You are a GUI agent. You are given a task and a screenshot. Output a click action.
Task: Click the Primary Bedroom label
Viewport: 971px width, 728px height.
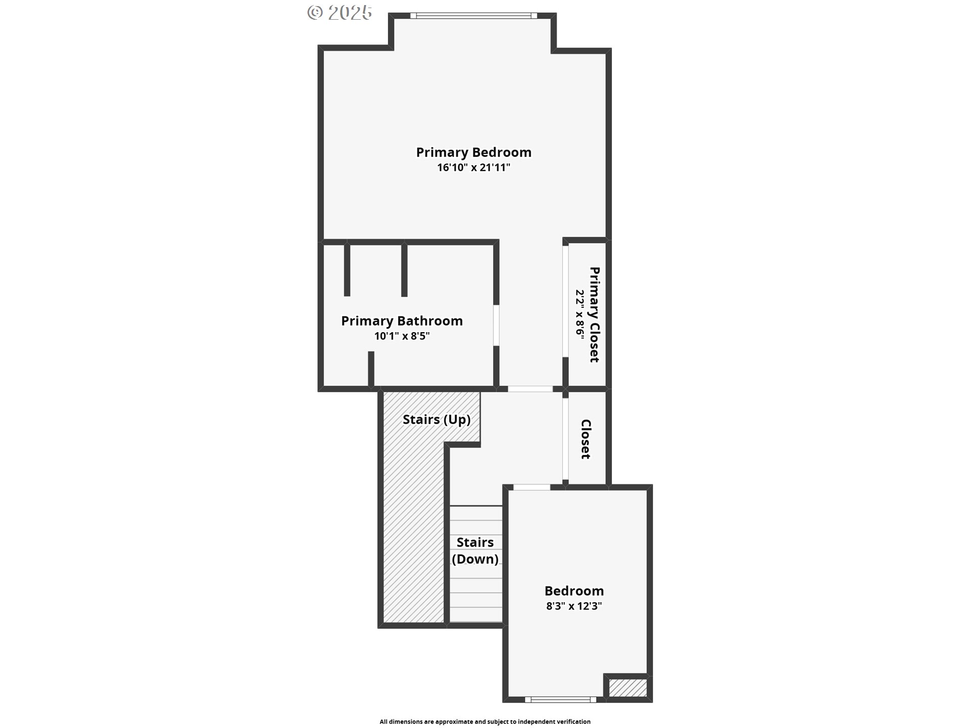(473, 152)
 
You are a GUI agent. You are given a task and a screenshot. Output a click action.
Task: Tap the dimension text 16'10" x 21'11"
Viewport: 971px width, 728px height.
(473, 167)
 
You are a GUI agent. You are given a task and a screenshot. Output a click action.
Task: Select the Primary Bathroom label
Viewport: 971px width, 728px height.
(402, 321)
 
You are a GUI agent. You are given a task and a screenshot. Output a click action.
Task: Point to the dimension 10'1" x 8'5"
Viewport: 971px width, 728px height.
(402, 336)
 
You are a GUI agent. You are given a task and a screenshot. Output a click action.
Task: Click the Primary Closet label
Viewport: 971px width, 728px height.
(595, 314)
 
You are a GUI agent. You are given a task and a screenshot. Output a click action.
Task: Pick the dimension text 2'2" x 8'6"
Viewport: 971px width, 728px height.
(580, 314)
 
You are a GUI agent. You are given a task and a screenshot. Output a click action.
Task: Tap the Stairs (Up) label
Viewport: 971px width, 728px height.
(436, 420)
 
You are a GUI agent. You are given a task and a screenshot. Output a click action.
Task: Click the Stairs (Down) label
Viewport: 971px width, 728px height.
(475, 551)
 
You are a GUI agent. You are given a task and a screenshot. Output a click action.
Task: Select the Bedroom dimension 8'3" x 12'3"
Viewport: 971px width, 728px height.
(574, 606)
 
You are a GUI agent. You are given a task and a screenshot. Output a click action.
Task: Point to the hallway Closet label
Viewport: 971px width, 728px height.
(586, 439)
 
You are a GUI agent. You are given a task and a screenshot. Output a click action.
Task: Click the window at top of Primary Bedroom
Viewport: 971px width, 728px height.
(473, 16)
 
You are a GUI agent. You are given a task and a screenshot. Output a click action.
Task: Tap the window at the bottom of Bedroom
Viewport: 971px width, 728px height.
(560, 700)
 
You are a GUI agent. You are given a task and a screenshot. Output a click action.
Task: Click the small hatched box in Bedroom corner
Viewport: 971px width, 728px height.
(628, 688)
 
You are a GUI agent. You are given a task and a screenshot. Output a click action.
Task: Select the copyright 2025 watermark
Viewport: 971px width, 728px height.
(340, 13)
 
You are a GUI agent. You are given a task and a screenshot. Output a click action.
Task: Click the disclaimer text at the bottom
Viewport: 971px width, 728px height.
(485, 721)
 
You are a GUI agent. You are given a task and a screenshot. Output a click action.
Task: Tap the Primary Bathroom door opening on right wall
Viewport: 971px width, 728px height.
(496, 325)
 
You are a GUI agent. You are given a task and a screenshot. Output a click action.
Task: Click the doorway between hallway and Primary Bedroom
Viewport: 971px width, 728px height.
(530, 389)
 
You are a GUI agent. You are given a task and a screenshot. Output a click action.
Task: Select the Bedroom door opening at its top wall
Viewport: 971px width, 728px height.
(532, 487)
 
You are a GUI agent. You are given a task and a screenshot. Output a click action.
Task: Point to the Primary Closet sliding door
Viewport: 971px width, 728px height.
(565, 301)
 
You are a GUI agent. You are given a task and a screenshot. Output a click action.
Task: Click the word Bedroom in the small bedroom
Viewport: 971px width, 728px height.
(574, 590)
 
